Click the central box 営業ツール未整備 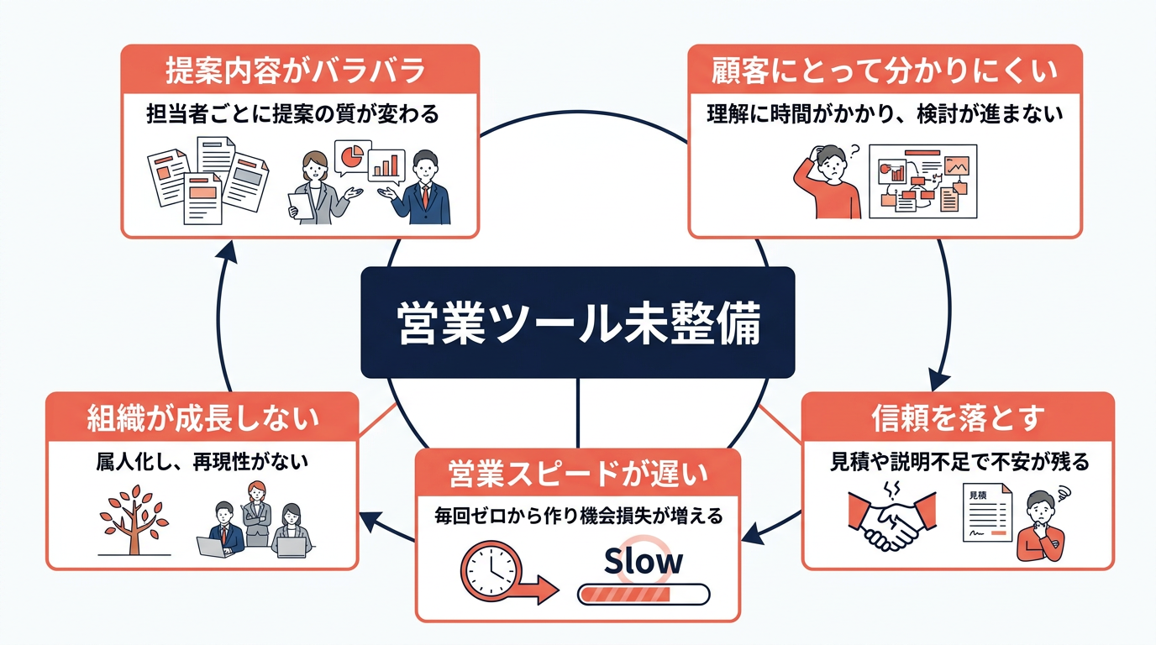click(x=577, y=322)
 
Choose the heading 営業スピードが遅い click(x=578, y=475)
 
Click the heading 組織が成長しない click(x=202, y=417)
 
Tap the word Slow click(x=644, y=561)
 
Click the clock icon click(x=492, y=571)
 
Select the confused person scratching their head click(x=828, y=181)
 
